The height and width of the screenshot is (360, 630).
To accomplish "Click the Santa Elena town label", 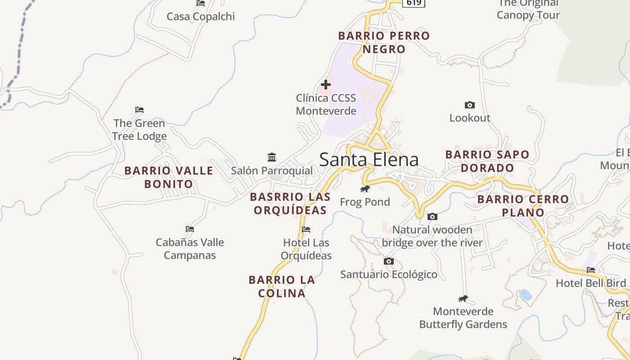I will [x=369, y=160].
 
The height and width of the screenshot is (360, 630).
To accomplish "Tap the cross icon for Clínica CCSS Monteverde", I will [x=326, y=84].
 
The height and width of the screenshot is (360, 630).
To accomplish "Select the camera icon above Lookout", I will [x=469, y=105].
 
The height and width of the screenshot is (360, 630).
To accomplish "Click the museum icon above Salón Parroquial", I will [x=272, y=157].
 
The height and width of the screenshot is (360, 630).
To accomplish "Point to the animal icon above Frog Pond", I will [x=365, y=189].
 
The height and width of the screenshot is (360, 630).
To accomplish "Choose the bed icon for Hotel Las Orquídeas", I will [x=306, y=229].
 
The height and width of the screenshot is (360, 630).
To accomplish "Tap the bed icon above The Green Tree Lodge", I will [x=139, y=109].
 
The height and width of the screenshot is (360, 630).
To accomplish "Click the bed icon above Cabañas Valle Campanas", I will [x=190, y=229].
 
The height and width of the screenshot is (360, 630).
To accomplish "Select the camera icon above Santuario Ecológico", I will [x=389, y=261].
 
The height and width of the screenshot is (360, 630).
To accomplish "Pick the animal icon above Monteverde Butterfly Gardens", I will [x=463, y=298].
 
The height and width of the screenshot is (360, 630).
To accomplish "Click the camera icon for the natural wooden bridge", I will [x=432, y=216].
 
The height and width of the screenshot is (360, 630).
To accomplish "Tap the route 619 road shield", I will [x=413, y=3].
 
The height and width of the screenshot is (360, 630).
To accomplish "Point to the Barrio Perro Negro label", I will [x=384, y=42].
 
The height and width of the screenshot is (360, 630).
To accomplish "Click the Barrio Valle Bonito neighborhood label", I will [x=169, y=177].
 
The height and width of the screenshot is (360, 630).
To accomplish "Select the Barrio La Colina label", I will [x=282, y=286].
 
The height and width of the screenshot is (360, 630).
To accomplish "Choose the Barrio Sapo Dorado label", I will [x=487, y=161].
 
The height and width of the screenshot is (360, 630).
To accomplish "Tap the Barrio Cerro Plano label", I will [x=523, y=206].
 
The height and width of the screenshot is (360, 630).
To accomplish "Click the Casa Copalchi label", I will [x=201, y=17].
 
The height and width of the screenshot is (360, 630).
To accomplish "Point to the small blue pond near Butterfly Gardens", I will [x=526, y=295].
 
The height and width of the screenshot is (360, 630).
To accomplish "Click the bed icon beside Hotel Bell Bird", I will [x=591, y=270].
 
